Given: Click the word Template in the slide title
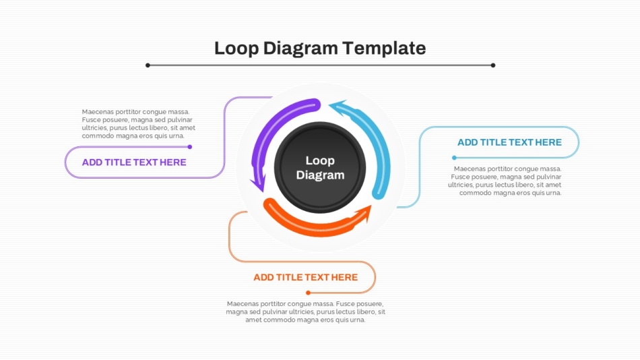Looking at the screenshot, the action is pos(384,49).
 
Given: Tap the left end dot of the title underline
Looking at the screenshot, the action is pos(148,65).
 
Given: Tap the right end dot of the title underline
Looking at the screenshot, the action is pos(493,65).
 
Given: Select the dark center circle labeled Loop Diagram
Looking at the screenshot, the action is pos(320,168).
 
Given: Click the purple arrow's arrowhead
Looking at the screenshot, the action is pos(259,183).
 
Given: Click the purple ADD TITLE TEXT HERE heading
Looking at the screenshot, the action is pos(134,162).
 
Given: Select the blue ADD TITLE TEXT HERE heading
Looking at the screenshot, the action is pos(509,143).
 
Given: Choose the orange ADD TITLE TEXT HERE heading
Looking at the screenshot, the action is pos(305,278).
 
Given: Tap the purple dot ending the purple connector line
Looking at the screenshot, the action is pos(190,147).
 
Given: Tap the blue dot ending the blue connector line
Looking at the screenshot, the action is pos(454,158).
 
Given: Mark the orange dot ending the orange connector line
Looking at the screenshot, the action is pos(308,293).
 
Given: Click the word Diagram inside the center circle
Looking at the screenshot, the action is pos(320,175).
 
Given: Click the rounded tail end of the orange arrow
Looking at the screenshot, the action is pos(270,204).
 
